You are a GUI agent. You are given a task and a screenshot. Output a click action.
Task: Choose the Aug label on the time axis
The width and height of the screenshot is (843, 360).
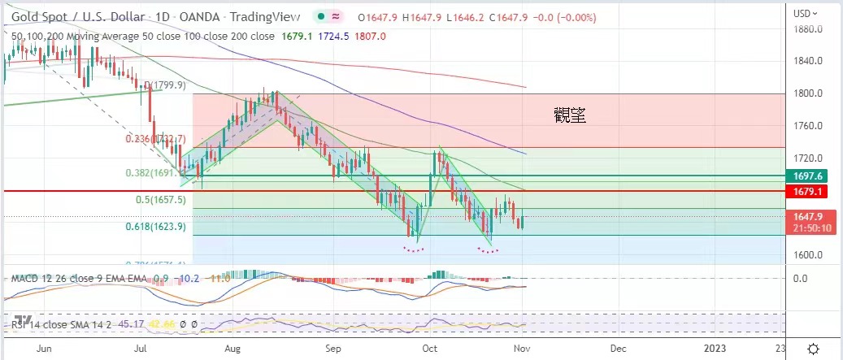pos(232,349)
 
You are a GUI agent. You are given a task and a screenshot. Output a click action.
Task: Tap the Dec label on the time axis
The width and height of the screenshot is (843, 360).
pos(619,349)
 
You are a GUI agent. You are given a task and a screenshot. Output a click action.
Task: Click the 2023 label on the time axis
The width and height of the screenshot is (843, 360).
pos(715,349)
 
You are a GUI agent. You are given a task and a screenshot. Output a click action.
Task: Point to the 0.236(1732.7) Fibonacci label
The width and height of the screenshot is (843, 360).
pos(156,139)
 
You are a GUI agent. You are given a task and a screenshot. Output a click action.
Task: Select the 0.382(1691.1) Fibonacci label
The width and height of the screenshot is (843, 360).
pos(156,173)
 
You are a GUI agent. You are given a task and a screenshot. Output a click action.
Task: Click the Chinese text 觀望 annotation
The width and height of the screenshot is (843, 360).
pos(570,116)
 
